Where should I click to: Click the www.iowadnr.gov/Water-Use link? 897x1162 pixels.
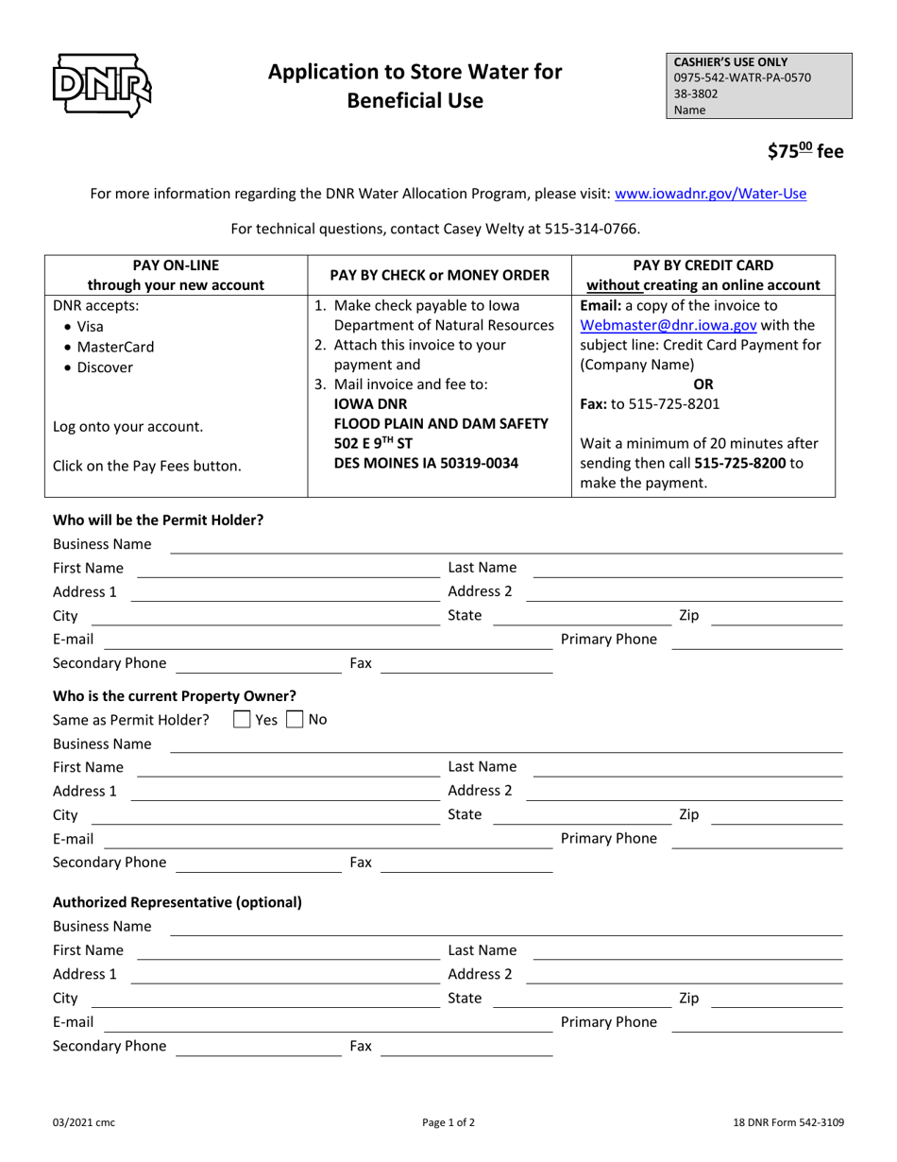[x=710, y=194]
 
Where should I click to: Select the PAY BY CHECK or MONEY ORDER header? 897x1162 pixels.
[x=439, y=275]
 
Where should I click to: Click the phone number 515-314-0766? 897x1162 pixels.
[x=591, y=229]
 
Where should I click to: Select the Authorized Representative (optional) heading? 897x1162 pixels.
[x=178, y=901]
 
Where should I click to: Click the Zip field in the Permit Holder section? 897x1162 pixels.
[x=775, y=616]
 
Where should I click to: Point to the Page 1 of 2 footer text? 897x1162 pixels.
[x=448, y=1122]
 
